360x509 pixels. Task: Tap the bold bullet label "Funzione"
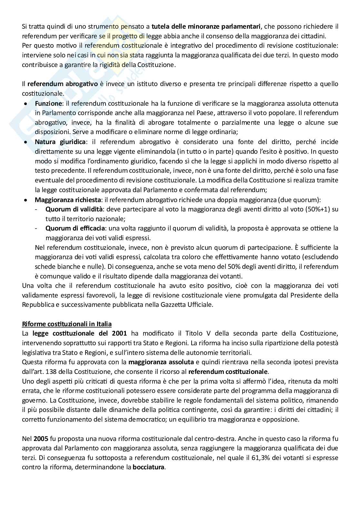pyautogui.click(x=48, y=103)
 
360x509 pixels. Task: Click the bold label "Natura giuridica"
pyautogui.click(x=60, y=142)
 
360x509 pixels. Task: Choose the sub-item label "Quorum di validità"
pyautogui.click(x=74, y=209)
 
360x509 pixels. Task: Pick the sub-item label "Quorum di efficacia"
pyautogui.click(x=75, y=228)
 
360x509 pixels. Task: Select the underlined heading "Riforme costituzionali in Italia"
pyautogui.click(x=67, y=324)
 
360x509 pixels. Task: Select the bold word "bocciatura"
pyautogui.click(x=148, y=467)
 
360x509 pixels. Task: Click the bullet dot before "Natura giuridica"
pyautogui.click(x=25, y=142)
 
